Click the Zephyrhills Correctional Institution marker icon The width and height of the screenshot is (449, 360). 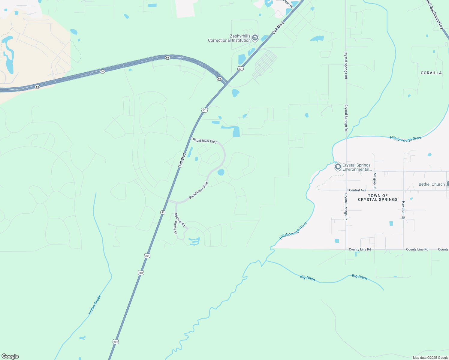[255, 37]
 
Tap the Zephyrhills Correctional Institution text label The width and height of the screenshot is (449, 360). [229, 38]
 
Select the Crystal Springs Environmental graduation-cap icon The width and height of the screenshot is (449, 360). [338, 167]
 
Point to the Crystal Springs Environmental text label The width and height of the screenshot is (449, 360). [356, 167]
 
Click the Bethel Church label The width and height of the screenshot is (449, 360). [431, 184]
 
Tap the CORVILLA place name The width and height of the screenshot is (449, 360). [431, 73]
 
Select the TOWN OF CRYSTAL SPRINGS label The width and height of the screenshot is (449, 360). [378, 197]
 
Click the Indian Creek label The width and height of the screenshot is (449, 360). [95, 305]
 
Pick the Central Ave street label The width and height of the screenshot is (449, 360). [357, 190]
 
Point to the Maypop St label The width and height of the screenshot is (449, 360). [375, 181]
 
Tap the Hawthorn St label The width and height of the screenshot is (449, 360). [403, 210]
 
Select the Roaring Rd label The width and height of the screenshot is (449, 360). [180, 220]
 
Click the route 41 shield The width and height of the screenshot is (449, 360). [163, 212]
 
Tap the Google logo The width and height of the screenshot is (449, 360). [10, 356]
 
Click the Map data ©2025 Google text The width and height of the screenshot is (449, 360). [430, 358]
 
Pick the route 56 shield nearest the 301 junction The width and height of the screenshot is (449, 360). [219, 79]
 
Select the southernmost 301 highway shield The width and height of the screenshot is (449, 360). [116, 342]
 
